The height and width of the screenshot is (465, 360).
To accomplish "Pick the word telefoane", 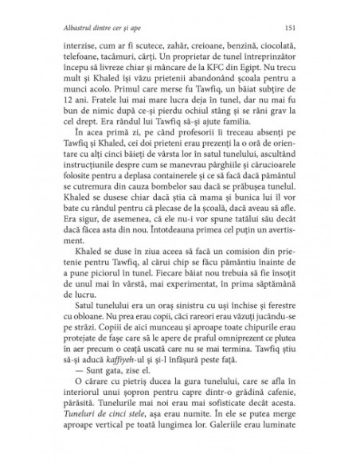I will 79,59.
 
